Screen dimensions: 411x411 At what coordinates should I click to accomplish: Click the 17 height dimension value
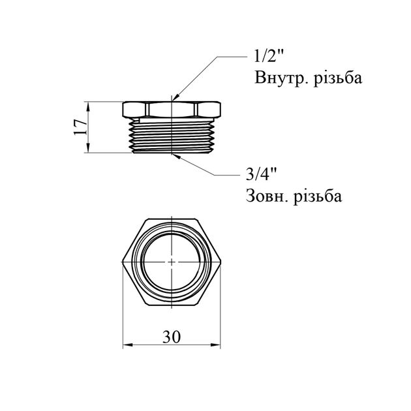coord(77,127)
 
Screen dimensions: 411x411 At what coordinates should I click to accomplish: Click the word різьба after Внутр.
coord(337,79)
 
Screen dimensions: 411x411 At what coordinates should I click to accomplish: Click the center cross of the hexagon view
coord(171,262)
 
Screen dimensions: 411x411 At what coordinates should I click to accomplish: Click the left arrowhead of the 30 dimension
coord(127,346)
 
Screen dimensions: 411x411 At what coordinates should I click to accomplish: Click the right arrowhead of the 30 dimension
coord(216,346)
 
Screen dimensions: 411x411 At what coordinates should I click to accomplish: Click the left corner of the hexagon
coord(124,262)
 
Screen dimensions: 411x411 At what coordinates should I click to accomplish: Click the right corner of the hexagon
coord(219,262)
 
